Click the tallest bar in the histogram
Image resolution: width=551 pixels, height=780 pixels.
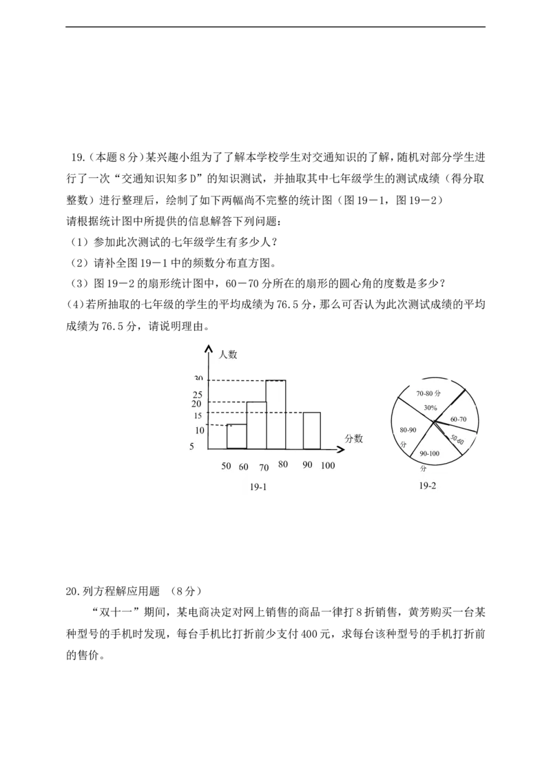(x=276, y=414)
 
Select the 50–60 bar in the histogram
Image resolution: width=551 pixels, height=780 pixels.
(x=237, y=436)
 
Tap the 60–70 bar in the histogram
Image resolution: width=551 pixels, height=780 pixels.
(x=257, y=425)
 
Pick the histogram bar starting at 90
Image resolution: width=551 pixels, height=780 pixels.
(x=312, y=431)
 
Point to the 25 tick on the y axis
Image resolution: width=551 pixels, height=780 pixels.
(x=198, y=395)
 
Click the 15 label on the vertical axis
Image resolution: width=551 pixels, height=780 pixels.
(x=198, y=416)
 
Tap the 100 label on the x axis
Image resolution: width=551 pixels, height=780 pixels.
(x=328, y=465)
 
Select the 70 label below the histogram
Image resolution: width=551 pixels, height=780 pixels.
(x=264, y=467)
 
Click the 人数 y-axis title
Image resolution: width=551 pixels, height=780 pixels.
(x=228, y=355)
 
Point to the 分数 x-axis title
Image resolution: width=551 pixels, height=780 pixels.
(x=353, y=438)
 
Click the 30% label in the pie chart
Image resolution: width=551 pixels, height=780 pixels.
(x=430, y=407)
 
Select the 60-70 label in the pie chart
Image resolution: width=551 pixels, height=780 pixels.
(x=459, y=420)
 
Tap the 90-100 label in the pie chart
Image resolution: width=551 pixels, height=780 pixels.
(x=430, y=453)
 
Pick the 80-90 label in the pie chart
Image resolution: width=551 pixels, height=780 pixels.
(x=408, y=430)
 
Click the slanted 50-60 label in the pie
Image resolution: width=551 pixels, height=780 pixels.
(x=457, y=439)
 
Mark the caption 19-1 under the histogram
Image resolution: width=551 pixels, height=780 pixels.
(x=258, y=487)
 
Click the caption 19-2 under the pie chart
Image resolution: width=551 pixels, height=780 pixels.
(x=427, y=486)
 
